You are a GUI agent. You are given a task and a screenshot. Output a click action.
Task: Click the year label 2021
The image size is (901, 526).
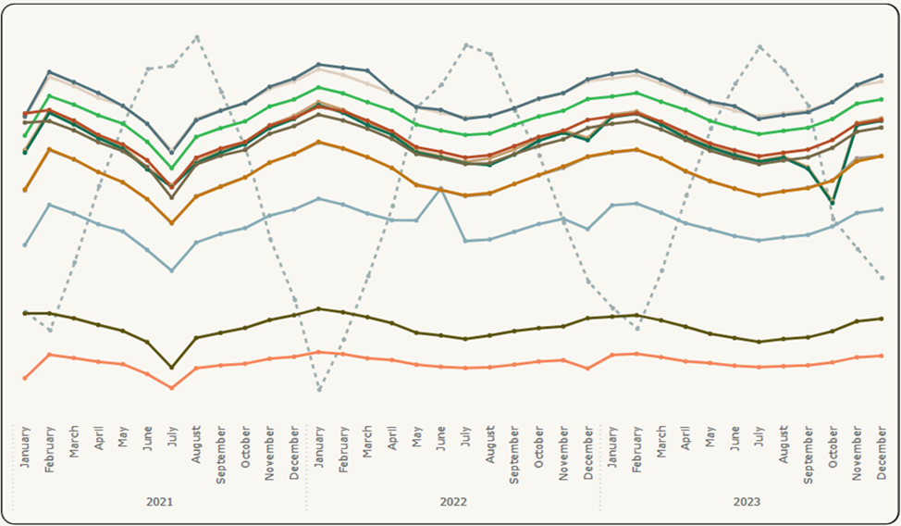coord(160,501)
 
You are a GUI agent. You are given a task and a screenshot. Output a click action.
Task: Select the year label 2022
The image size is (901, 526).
coord(453,501)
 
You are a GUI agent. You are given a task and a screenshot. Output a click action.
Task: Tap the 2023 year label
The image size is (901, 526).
coord(747,501)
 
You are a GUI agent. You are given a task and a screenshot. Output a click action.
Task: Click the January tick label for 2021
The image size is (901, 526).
coord(25,447)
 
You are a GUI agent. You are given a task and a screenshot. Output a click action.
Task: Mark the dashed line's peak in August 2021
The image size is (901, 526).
coord(197,37)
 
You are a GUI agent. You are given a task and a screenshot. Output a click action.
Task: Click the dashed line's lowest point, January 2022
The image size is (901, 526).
coord(319,389)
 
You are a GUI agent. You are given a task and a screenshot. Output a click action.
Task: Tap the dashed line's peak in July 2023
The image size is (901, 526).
coord(759,46)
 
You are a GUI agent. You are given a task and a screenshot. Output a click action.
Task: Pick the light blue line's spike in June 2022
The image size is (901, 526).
coord(441,189)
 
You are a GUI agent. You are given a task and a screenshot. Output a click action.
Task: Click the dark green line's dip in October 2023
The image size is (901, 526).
coord(833,203)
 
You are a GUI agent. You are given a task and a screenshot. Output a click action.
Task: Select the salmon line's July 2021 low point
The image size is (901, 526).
coord(172,387)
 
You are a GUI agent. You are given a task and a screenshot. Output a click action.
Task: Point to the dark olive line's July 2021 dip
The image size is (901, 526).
coord(172,368)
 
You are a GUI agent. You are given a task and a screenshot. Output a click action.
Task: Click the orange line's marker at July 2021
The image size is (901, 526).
coord(172,223)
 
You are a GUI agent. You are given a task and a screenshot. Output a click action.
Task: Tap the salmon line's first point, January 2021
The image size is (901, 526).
coord(25,378)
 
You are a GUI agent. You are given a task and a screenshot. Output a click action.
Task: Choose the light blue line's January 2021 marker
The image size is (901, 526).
coord(25,244)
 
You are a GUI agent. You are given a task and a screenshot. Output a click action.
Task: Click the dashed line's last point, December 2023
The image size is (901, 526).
coord(882,277)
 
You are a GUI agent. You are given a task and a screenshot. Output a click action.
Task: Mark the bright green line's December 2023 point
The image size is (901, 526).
coord(882,99)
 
